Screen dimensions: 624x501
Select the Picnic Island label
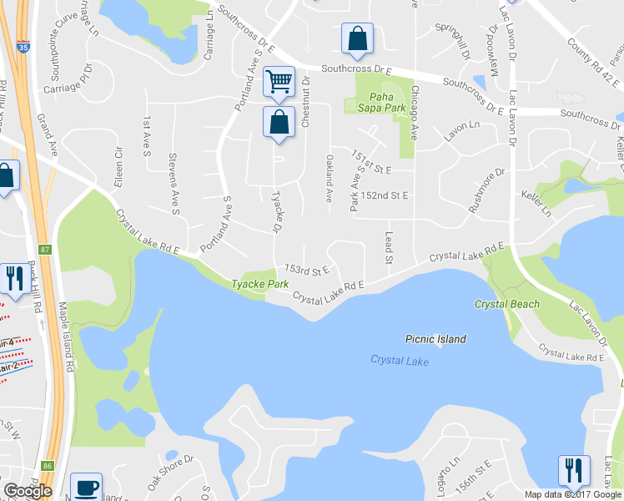435,339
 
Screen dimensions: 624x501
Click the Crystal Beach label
507,304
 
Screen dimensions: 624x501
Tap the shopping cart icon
279,82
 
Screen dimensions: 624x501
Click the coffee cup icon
86,487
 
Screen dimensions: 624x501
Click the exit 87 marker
44,249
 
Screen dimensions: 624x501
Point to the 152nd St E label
385,195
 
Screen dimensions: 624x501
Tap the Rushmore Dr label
487,190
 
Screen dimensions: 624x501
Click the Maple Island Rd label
67,337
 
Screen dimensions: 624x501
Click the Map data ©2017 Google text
573,494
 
